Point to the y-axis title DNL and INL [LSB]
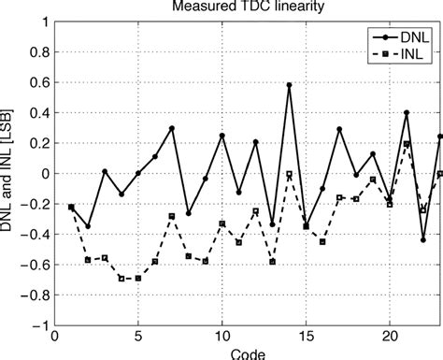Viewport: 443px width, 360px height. pos(11,174)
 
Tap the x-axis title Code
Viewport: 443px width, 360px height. pos(247,353)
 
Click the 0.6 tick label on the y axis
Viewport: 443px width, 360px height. pos(36,82)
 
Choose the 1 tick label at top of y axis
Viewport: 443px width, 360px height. pos(42,21)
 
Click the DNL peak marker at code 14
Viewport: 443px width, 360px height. pos(289,85)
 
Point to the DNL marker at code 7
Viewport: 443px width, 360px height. pos(172,128)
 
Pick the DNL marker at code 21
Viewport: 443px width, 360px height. pos(407,112)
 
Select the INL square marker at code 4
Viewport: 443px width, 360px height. pos(121,279)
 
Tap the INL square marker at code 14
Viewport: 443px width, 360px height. pos(289,175)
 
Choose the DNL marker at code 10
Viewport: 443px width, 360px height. pos(222,136)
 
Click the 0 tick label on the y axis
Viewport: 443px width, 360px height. pos(42,174)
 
